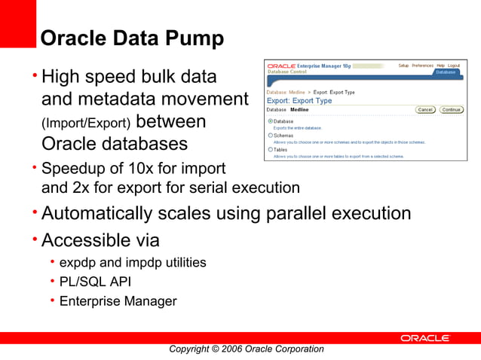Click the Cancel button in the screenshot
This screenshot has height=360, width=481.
tap(425, 110)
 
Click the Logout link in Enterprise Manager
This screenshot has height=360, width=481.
tap(454, 66)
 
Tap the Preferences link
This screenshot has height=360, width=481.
tap(422, 66)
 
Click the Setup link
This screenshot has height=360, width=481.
tap(403, 66)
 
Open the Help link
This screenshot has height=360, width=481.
tap(440, 66)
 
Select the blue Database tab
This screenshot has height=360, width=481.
tap(446, 72)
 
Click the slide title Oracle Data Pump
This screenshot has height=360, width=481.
tap(131, 38)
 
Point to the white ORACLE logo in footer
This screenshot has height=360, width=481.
tap(425, 338)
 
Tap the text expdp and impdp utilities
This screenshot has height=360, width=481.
tap(133, 263)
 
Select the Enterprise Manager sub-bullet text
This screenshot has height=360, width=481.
tap(118, 301)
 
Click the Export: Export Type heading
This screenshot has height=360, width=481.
tap(299, 100)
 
